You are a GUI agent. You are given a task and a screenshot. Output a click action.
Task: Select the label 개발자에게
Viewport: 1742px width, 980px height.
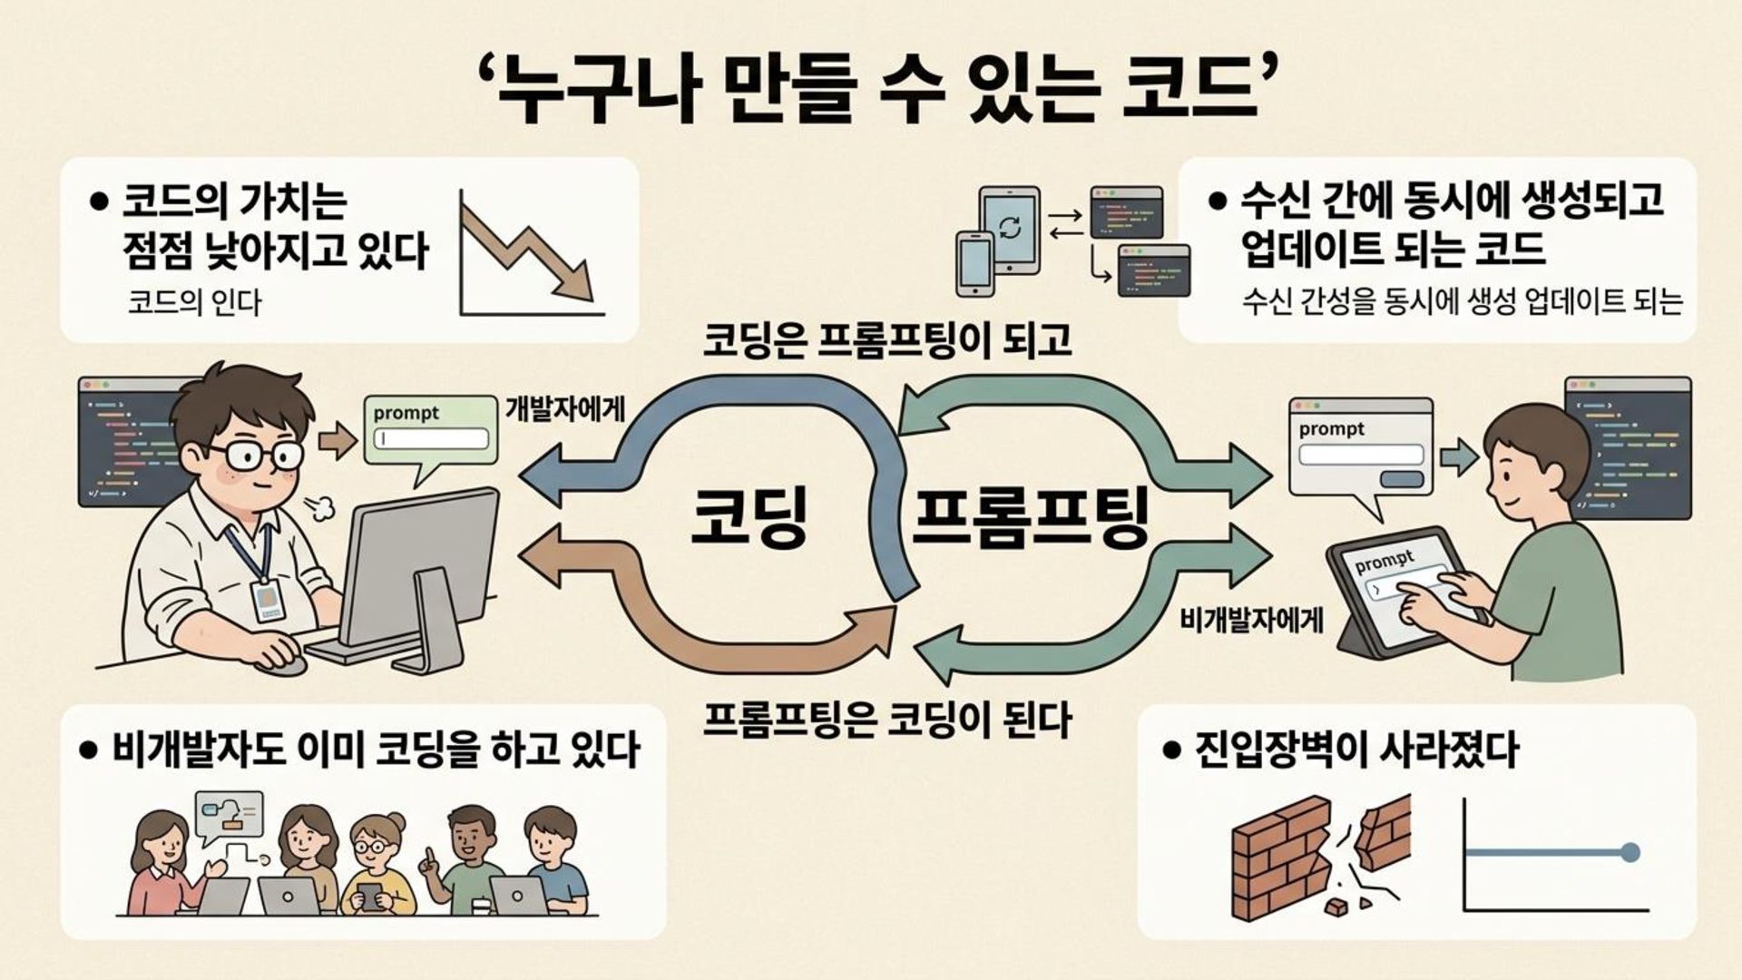tap(564, 409)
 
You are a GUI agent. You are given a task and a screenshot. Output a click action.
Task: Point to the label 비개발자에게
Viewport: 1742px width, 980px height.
tap(1251, 621)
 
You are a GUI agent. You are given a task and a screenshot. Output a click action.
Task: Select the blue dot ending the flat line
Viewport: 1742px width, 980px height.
tap(1629, 852)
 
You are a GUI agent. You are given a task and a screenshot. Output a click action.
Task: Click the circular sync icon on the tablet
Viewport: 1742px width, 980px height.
tap(1009, 227)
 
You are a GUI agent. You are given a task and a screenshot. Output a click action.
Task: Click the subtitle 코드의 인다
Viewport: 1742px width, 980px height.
tap(194, 302)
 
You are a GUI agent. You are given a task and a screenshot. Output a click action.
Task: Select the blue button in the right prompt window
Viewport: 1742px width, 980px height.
tap(1401, 479)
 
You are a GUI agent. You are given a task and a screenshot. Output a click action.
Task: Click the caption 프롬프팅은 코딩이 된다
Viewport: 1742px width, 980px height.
tap(887, 720)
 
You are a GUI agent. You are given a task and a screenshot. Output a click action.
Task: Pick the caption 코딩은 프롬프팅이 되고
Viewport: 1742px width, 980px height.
tap(887, 340)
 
